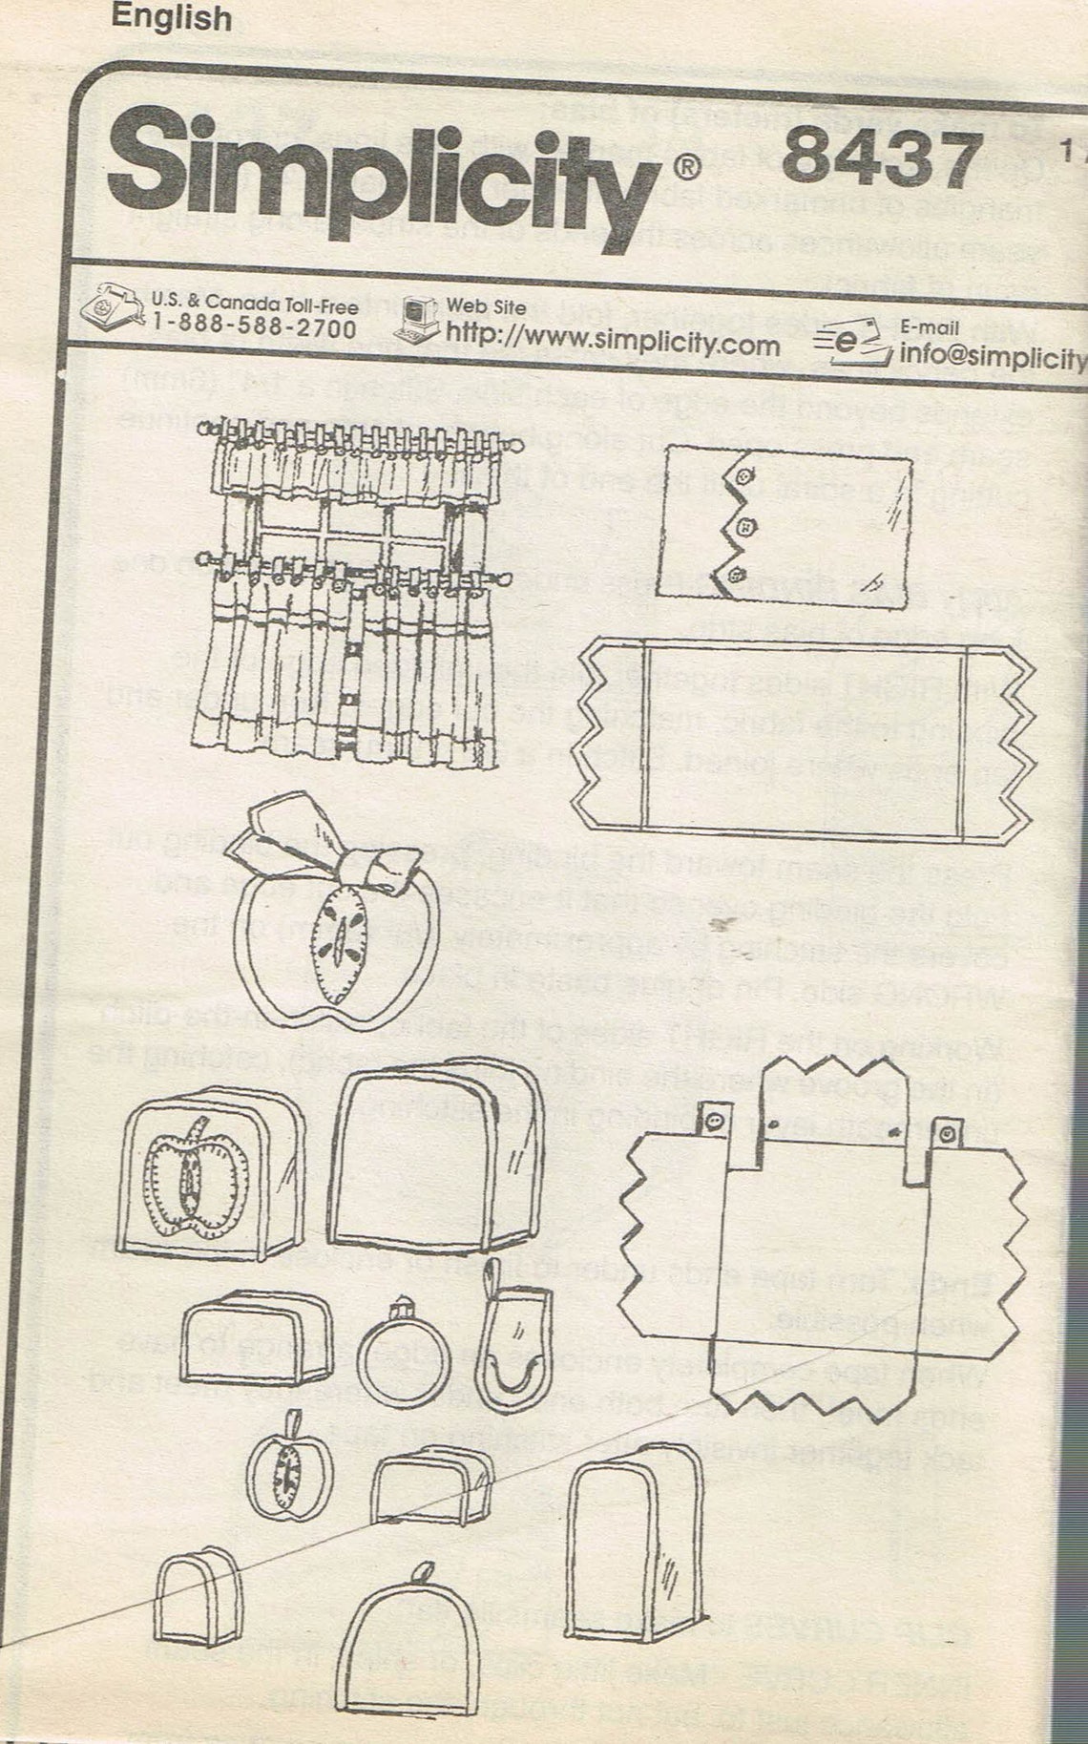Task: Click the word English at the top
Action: pos(171,17)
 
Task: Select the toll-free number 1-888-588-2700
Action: pos(255,329)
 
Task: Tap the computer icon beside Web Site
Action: pos(419,319)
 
